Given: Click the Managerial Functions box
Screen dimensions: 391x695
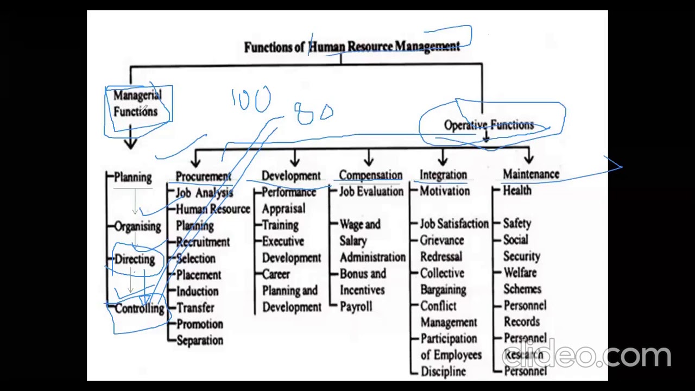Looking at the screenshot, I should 138,103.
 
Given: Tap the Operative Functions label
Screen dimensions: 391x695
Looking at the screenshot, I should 489,125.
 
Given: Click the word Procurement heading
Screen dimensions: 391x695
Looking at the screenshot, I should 203,176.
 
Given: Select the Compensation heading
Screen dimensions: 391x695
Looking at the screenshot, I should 371,175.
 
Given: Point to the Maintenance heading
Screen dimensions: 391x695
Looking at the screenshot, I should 530,174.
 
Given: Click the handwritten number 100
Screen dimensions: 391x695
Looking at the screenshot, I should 251,100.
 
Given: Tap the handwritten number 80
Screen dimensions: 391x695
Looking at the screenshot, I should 314,113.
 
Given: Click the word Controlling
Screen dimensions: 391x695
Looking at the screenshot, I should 140,308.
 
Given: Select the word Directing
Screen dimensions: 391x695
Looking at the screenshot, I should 135,259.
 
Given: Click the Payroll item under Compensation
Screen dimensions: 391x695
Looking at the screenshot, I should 356,307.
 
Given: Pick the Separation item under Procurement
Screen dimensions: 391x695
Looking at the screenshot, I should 200,340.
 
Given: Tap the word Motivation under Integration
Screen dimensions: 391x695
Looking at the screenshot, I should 445,191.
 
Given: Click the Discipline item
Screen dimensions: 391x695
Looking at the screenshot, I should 443,371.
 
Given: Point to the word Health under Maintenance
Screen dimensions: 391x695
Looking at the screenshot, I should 517,191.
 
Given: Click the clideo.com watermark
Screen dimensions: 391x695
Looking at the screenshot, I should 586,355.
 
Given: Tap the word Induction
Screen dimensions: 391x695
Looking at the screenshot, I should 197,292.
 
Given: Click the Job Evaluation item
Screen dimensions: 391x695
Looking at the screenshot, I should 371,192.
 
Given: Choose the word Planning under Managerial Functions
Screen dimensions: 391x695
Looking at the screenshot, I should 133,178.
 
